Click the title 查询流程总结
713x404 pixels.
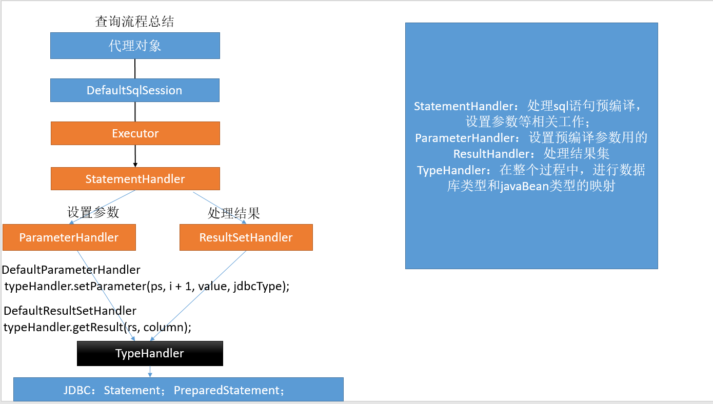coord(134,22)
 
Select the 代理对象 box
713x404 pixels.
coord(135,46)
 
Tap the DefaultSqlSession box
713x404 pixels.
coord(135,90)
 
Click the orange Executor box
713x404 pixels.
coord(135,133)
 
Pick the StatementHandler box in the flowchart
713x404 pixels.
coord(135,179)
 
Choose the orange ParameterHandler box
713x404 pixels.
coord(69,237)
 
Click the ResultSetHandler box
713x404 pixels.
coord(246,237)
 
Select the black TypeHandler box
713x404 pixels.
coord(150,353)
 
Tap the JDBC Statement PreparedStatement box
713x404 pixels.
coord(179,390)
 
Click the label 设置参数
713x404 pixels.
coord(93,212)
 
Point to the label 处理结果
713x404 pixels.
coord(233,213)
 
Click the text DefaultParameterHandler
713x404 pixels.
coord(71,270)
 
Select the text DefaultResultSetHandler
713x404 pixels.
coord(70,311)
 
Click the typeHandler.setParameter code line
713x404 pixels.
coord(147,286)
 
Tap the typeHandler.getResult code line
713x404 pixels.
coord(97,327)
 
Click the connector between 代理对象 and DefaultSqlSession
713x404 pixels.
coord(135,69)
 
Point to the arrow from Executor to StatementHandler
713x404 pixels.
coord(135,156)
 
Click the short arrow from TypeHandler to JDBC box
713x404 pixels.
coord(150,372)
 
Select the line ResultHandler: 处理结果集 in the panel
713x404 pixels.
coord(531,154)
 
